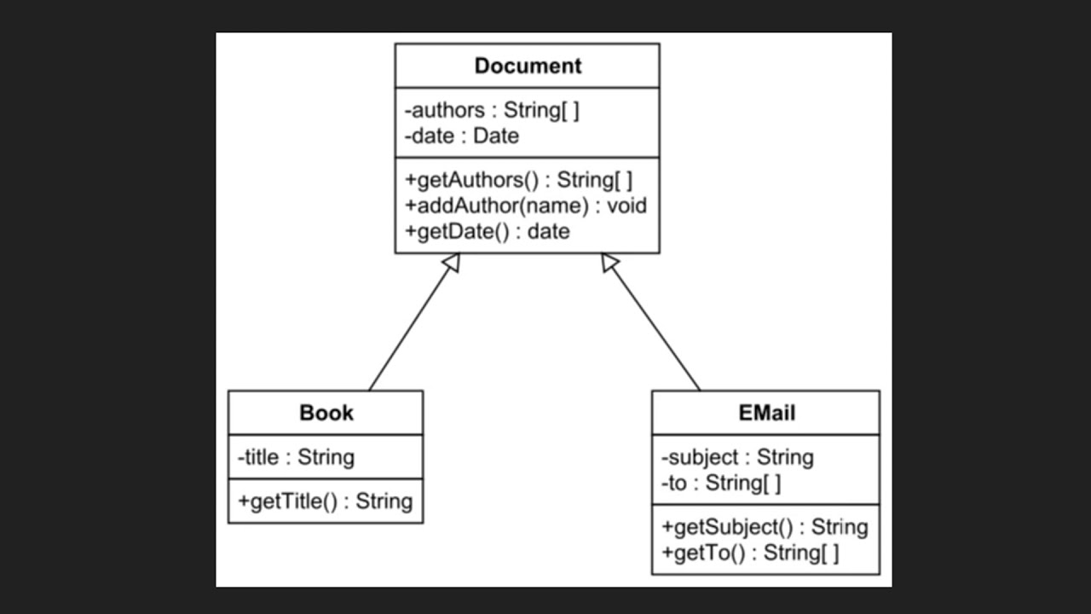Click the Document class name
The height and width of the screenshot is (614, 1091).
528,67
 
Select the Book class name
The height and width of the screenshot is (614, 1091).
326,413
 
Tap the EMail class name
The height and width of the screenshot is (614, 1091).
766,413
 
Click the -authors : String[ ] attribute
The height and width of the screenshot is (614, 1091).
492,110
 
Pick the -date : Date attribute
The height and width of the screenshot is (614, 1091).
461,136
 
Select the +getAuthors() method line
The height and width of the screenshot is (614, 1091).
518,180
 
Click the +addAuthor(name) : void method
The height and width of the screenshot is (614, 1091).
525,206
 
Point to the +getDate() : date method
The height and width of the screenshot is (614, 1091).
487,231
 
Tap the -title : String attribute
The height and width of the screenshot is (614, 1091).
295,457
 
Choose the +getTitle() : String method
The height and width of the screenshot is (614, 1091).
325,501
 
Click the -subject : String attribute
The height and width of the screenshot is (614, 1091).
736,457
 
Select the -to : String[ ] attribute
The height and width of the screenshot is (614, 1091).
720,483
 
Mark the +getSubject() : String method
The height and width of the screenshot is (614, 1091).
764,527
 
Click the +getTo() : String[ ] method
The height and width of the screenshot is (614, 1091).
749,553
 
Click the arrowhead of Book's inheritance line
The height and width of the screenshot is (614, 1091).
453,262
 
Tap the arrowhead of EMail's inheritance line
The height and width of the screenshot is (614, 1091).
609,263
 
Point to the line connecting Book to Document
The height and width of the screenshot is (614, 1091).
409,329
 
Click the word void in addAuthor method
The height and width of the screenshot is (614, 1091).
626,206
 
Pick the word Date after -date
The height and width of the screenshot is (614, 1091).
496,136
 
